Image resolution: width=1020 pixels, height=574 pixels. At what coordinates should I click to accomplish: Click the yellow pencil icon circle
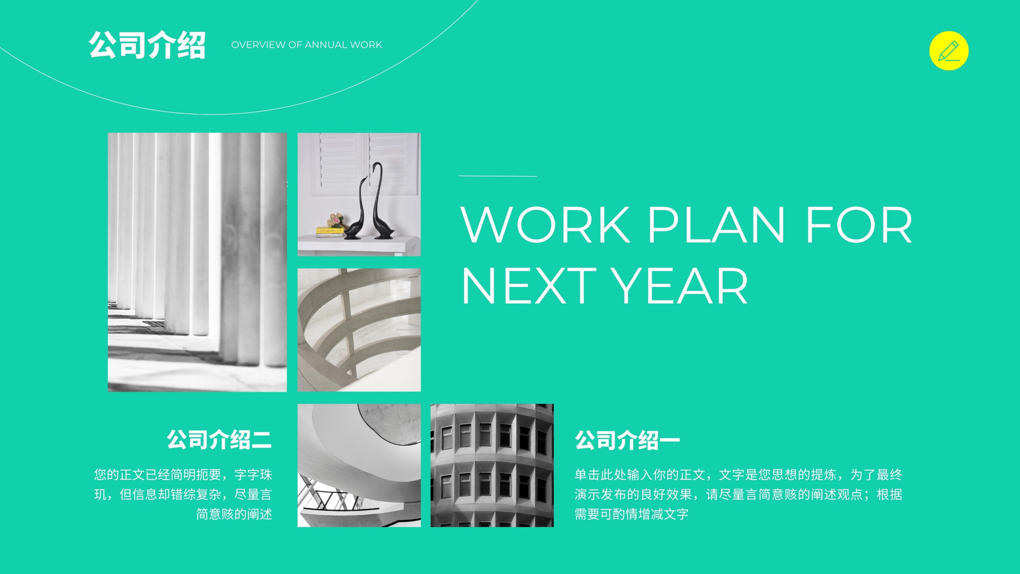click(x=949, y=50)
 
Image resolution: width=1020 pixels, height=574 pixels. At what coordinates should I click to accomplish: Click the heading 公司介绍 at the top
click(x=147, y=45)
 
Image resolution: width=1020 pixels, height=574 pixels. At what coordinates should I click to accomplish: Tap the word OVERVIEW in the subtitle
click(x=258, y=45)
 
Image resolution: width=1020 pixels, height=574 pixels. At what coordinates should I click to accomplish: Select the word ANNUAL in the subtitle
click(x=326, y=45)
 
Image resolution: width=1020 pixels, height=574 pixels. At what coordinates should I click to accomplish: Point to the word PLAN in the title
click(x=717, y=224)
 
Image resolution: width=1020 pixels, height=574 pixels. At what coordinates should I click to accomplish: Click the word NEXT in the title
click(x=528, y=286)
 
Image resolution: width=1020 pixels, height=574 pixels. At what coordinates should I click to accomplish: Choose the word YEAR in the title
click(x=679, y=286)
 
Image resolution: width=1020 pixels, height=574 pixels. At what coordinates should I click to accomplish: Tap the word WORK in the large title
click(x=545, y=224)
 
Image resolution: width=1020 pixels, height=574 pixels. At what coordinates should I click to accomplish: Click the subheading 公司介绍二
click(x=219, y=439)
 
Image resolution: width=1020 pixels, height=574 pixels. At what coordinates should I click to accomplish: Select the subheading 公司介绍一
click(x=627, y=440)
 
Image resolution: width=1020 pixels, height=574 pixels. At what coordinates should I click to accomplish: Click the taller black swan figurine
click(x=381, y=200)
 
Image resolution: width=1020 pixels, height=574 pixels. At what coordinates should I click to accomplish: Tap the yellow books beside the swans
click(x=330, y=231)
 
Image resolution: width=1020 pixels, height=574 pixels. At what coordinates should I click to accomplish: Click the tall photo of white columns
click(x=197, y=262)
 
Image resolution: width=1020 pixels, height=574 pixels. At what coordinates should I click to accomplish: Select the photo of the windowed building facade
click(x=492, y=465)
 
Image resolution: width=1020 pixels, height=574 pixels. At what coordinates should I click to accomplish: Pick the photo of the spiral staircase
click(x=360, y=465)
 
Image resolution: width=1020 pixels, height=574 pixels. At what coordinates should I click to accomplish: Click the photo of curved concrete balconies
click(x=360, y=330)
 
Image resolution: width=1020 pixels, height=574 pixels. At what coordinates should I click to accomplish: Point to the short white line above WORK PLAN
click(x=498, y=176)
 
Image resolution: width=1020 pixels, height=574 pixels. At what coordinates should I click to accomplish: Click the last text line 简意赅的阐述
click(x=234, y=514)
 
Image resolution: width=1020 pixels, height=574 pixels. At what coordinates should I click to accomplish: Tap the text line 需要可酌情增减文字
click(x=631, y=514)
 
